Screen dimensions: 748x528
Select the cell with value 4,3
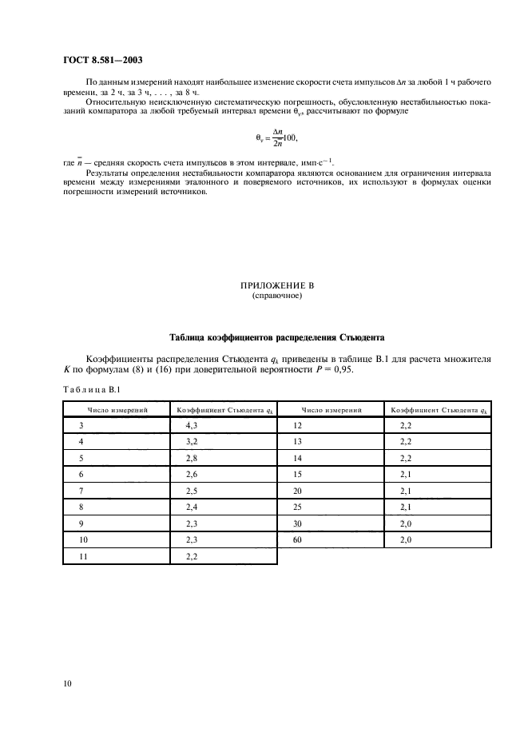(192, 426)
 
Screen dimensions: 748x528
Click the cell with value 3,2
(192, 441)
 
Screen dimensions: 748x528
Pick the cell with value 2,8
(192, 457)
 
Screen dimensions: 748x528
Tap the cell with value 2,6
(192, 474)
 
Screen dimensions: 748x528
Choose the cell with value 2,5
(192, 490)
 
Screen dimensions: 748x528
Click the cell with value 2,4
(192, 507)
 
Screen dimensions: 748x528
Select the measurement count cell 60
(298, 540)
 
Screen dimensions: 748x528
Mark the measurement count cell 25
(298, 507)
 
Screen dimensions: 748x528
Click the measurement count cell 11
(84, 556)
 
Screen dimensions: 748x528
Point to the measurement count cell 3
(81, 426)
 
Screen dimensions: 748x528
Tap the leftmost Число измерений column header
(117, 410)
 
